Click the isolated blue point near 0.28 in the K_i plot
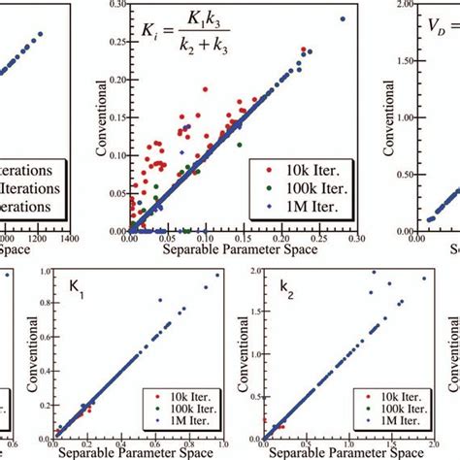pos(343,19)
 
